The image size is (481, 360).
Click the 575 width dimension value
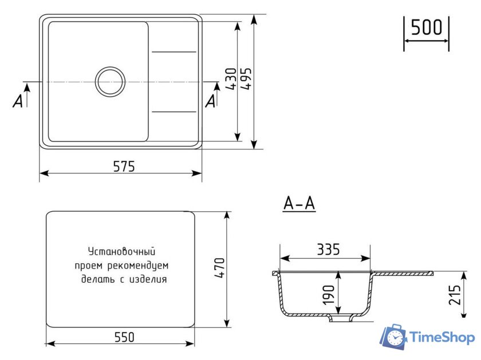(123, 166)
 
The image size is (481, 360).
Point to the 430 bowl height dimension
(230, 80)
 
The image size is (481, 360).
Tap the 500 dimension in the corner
(427, 27)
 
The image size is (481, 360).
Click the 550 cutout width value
(123, 337)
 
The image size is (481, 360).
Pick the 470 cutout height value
(220, 268)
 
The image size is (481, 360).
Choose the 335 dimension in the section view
(328, 250)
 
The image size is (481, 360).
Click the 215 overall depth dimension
(456, 295)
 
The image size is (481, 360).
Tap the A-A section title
(299, 204)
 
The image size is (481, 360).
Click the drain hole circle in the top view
(110, 81)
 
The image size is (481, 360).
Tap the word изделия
(148, 279)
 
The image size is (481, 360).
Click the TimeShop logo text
(443, 338)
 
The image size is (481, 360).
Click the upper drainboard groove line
(174, 53)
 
